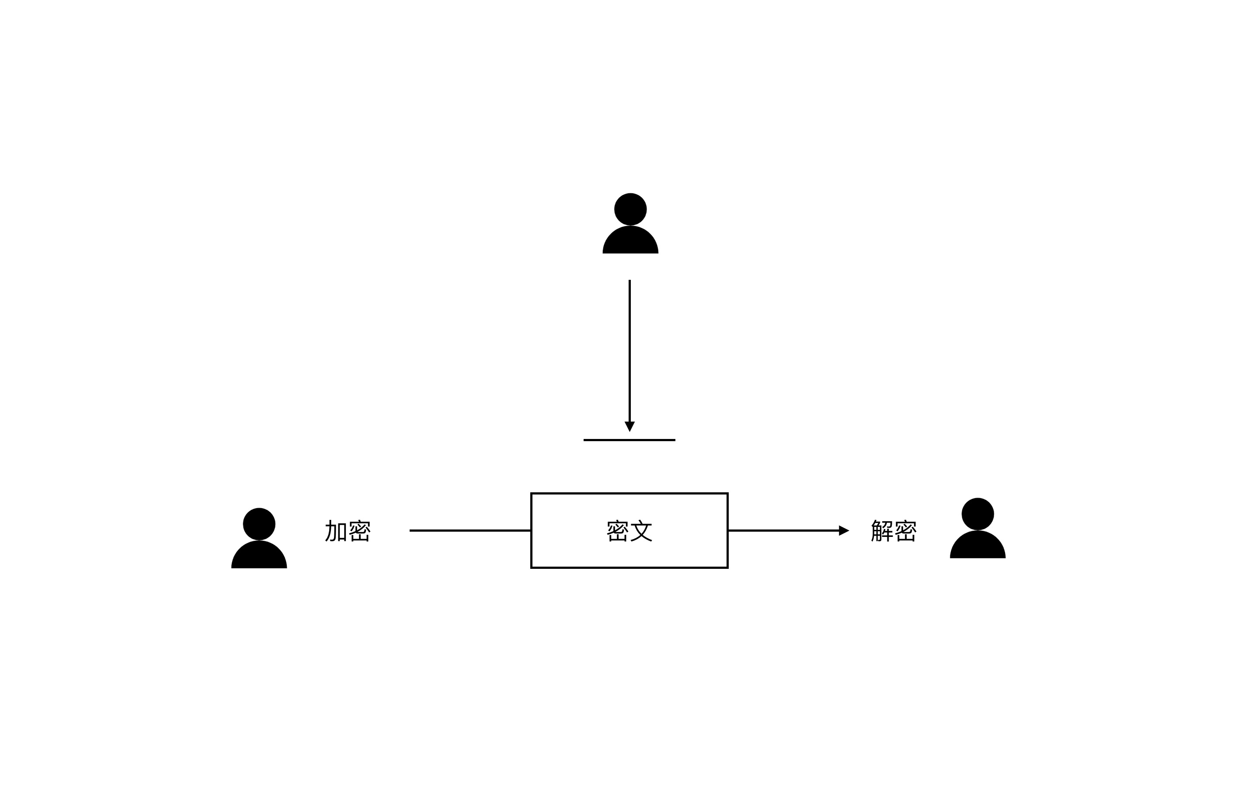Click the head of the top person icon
630,209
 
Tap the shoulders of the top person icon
630,242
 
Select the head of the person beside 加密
259,524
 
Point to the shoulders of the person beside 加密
259,557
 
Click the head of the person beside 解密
977,514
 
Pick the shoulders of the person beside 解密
977,547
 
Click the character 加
336,531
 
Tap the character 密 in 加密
359,531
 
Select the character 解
882,531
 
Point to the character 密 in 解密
906,531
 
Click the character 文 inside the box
641,531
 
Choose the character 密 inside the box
618,531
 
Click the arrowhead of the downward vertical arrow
629,426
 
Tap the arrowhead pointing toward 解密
843,530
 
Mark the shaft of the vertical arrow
629,349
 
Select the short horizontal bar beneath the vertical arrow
629,440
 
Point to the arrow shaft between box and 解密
783,530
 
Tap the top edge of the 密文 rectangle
629,493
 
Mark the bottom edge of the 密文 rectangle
629,568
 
